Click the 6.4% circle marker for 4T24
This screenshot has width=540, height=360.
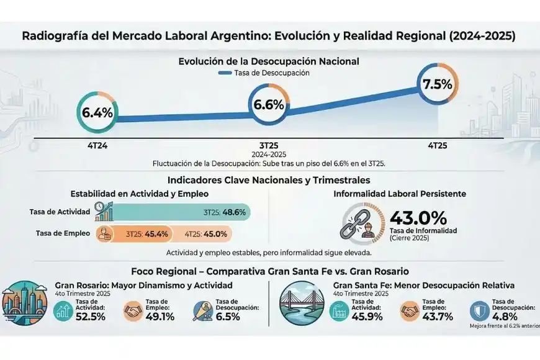(x=98, y=114)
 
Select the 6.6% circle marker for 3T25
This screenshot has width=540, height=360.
(x=269, y=105)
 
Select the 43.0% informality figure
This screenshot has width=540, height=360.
(x=418, y=218)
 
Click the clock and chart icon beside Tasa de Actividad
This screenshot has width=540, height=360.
(x=104, y=212)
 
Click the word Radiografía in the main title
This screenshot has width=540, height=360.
(x=54, y=35)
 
